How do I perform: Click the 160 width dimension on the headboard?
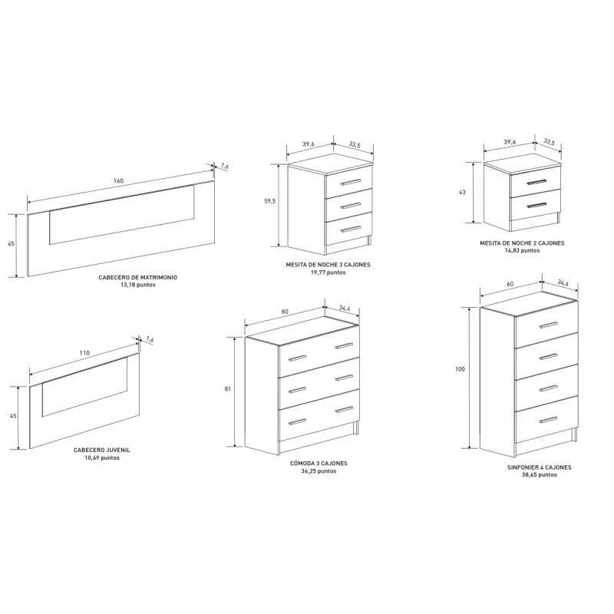(x=119, y=181)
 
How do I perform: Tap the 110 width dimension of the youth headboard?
(x=84, y=353)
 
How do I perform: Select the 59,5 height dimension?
(x=270, y=201)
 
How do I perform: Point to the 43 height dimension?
(x=462, y=193)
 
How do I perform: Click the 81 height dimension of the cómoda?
(x=227, y=389)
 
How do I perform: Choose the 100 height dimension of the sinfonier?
(x=460, y=369)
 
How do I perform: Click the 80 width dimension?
(x=285, y=312)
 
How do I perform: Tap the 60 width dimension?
(x=510, y=284)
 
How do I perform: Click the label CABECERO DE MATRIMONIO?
(x=138, y=277)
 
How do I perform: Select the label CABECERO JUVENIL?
(x=102, y=450)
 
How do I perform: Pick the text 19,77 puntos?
(x=328, y=272)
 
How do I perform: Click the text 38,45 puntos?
(x=540, y=474)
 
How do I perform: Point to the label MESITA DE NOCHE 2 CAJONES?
(x=523, y=243)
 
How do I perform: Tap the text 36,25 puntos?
(x=319, y=471)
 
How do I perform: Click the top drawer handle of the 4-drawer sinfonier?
(x=548, y=325)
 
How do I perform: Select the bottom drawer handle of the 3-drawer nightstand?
(x=351, y=229)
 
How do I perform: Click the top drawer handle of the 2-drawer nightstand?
(x=536, y=182)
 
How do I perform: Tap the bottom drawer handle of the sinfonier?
(x=548, y=420)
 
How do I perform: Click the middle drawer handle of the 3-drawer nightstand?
(x=351, y=206)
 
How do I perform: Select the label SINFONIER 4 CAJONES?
(x=540, y=467)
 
